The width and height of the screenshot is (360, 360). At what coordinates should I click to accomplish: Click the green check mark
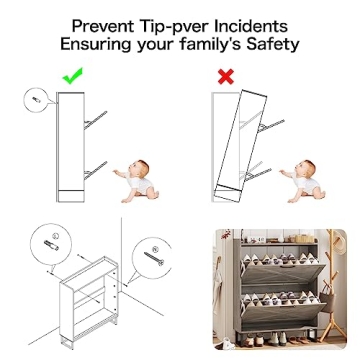tap(72, 76)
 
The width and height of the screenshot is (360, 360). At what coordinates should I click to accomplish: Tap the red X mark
tap(226, 77)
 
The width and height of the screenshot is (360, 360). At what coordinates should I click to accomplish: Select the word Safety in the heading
tap(273, 45)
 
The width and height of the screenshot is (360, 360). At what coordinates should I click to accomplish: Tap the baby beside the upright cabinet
tap(137, 182)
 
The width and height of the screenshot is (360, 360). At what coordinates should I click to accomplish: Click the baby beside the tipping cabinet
tap(303, 182)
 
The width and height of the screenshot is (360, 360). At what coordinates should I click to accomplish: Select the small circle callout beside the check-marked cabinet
tap(36, 99)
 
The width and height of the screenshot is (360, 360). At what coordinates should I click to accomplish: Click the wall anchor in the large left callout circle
tap(51, 245)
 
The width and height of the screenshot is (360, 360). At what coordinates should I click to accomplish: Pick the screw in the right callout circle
tap(154, 258)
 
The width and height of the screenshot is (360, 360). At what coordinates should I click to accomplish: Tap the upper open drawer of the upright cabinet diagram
tap(95, 120)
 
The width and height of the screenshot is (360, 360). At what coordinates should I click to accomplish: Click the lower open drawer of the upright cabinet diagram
tap(95, 170)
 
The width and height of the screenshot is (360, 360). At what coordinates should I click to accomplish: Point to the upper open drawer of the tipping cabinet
tap(272, 125)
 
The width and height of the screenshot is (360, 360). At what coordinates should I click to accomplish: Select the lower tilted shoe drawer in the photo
tap(283, 313)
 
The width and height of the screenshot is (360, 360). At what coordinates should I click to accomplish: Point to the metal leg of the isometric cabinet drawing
tap(67, 342)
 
